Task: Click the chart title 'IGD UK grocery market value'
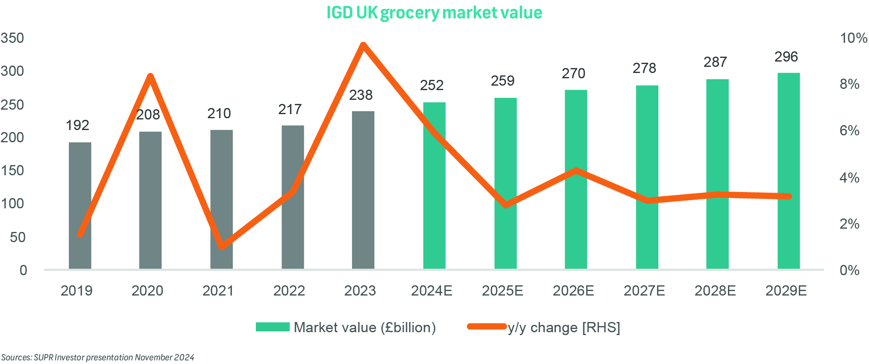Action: point(434,13)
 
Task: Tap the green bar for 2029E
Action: point(788,171)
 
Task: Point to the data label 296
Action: point(786,57)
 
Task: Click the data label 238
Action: point(361,95)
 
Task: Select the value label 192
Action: point(77,126)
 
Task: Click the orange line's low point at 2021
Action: point(221,247)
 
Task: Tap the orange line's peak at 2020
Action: point(150,76)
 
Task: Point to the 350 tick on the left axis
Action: point(12,38)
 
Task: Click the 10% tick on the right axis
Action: point(853,38)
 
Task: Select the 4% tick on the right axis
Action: point(849,178)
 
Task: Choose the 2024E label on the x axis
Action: point(431,291)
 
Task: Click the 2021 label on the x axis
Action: point(218,291)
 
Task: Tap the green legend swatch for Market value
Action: point(273,327)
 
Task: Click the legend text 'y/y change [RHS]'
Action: point(564,328)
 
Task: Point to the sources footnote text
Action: point(98,357)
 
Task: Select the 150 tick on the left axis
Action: point(12,171)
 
